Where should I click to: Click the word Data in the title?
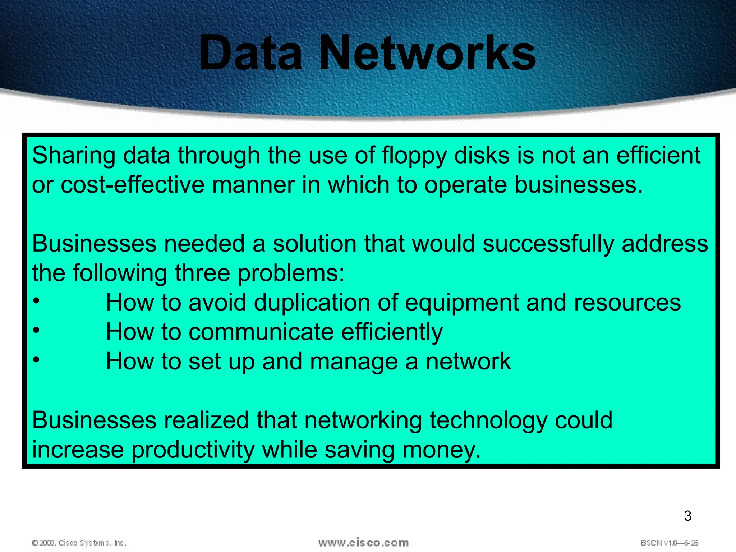[251, 53]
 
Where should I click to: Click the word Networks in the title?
[428, 53]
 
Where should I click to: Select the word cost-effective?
[133, 185]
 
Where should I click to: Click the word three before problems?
[202, 273]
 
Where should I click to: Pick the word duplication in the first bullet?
[312, 303]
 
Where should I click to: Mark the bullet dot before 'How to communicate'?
[36, 330]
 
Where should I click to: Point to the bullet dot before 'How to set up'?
[36, 359]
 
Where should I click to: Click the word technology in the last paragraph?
[489, 421]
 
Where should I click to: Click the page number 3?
[687, 516]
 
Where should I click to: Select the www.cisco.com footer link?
[363, 542]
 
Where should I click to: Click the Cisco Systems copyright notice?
[79, 543]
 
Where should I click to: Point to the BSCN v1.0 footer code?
[669, 543]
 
